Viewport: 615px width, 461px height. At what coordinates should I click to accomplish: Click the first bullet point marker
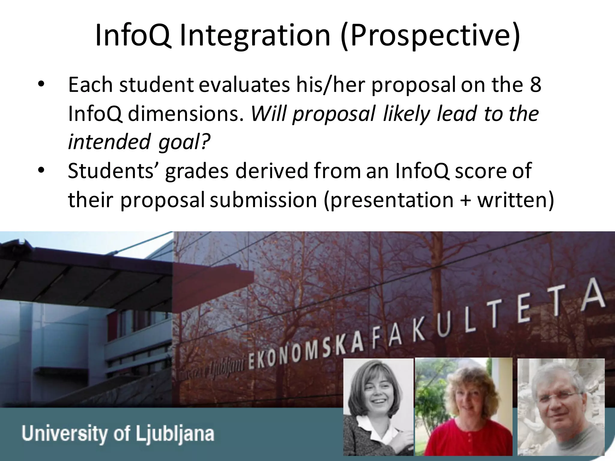coord(41,85)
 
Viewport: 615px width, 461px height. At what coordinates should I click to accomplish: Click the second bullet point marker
coord(41,171)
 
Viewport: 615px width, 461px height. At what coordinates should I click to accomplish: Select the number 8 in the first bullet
coord(535,85)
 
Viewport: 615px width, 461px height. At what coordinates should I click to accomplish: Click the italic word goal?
coord(183,142)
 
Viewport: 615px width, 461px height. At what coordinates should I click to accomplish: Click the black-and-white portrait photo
coord(378,407)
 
